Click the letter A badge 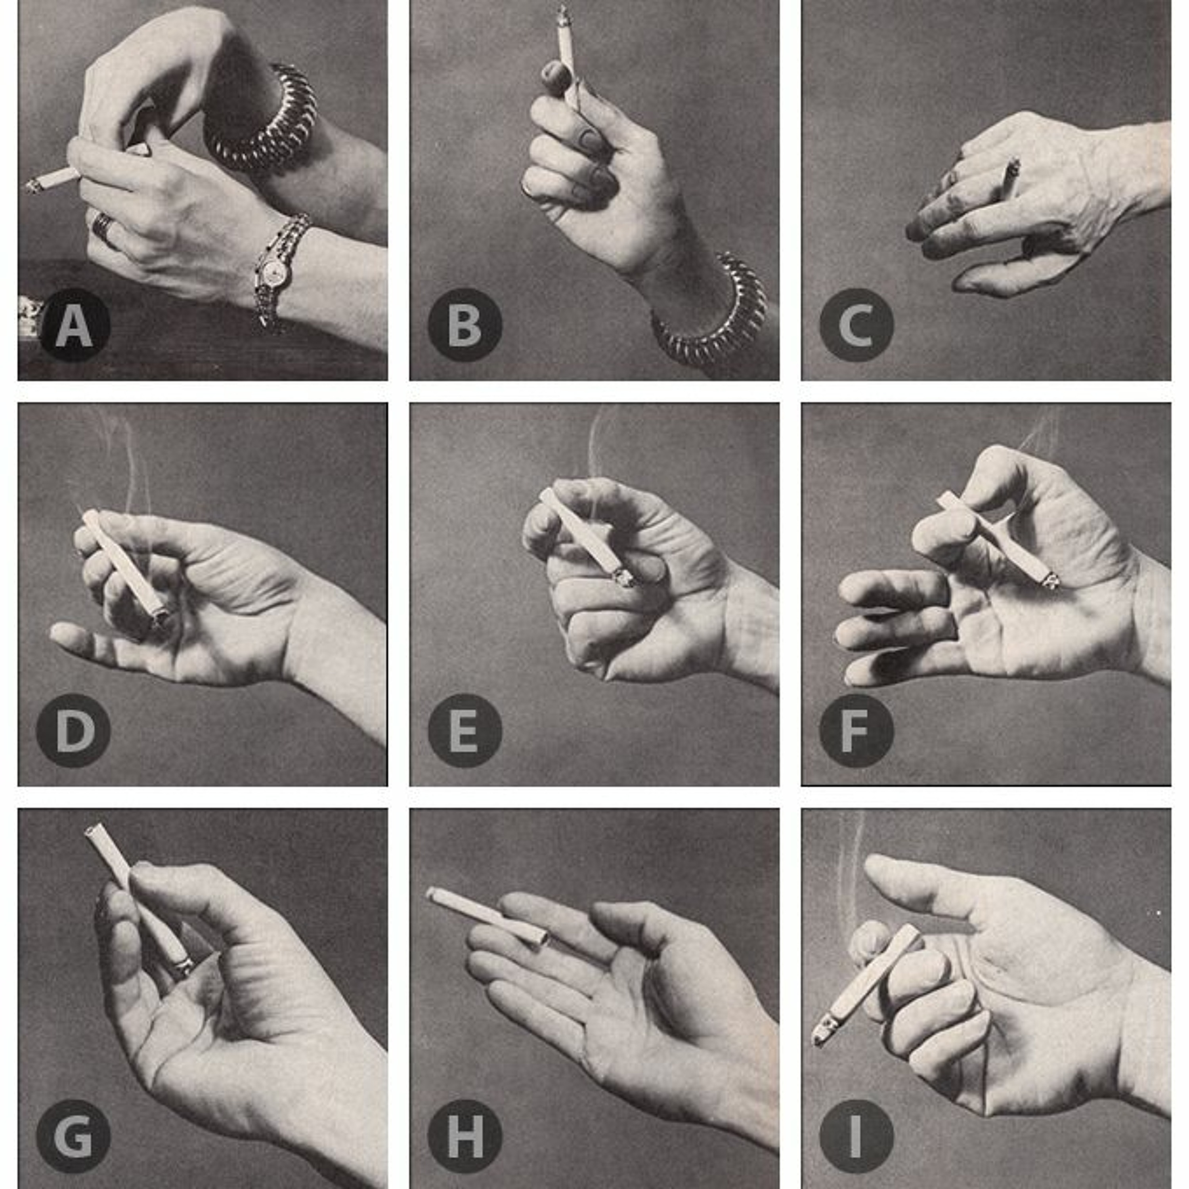[x=74, y=325]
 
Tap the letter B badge [x=465, y=325]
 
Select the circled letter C [x=856, y=325]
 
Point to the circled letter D [x=74, y=730]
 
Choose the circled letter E [x=465, y=730]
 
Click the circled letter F [x=856, y=730]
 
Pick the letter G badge [x=74, y=1136]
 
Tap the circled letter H [x=465, y=1136]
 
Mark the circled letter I [x=856, y=1136]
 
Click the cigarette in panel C [x=1009, y=178]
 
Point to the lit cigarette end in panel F [x=1051, y=580]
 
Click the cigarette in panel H [x=486, y=916]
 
